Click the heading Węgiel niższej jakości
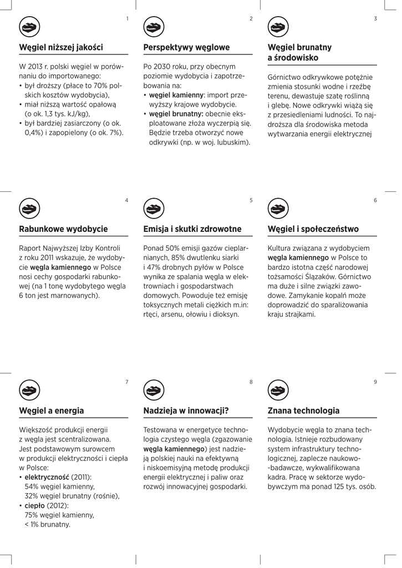click(x=61, y=48)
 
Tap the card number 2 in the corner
click(x=251, y=19)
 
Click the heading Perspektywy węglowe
click(x=186, y=48)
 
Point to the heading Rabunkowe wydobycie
click(x=63, y=229)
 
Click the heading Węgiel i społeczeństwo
click(x=313, y=229)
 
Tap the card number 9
click(x=375, y=382)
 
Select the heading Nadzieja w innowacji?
click(x=186, y=411)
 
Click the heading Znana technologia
click(x=303, y=411)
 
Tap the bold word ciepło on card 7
click(x=35, y=505)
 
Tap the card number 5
click(x=251, y=200)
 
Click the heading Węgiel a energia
click(x=52, y=411)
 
